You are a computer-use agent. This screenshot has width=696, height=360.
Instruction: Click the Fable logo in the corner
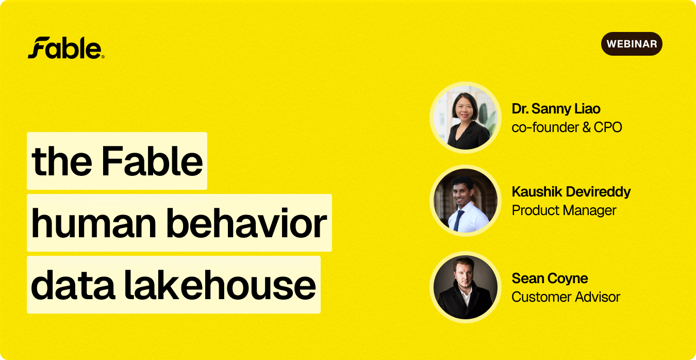[x=66, y=47]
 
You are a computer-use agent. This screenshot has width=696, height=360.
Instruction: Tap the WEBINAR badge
[x=632, y=44]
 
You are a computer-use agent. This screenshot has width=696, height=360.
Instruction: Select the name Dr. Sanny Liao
[x=556, y=109]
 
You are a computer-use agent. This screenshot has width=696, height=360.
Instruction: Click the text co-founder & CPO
[x=567, y=127]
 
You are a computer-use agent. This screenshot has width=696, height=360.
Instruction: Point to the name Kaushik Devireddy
[x=571, y=191]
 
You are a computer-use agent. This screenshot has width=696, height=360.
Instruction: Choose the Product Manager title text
[x=564, y=210]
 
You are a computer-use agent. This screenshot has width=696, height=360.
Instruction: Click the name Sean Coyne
[x=550, y=278]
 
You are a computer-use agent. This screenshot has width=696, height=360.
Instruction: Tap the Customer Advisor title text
[x=566, y=297]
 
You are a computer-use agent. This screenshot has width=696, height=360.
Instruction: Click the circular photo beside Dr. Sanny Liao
[x=465, y=118]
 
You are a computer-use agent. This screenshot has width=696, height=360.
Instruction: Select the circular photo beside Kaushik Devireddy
[x=465, y=201]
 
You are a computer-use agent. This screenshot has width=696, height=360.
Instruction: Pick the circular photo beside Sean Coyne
[x=465, y=287]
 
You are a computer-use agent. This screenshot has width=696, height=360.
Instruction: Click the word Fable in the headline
[x=152, y=161]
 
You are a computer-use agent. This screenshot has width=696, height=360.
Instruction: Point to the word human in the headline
[x=93, y=223]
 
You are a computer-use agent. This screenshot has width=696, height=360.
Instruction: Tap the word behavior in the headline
[x=246, y=223]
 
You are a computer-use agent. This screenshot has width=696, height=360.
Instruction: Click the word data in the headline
[x=73, y=285]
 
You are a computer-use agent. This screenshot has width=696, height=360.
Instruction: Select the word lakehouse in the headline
[x=220, y=285]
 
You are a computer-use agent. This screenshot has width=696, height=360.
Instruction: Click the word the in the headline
[x=62, y=161]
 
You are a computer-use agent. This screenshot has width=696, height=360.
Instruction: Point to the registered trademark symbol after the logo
[x=103, y=57]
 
